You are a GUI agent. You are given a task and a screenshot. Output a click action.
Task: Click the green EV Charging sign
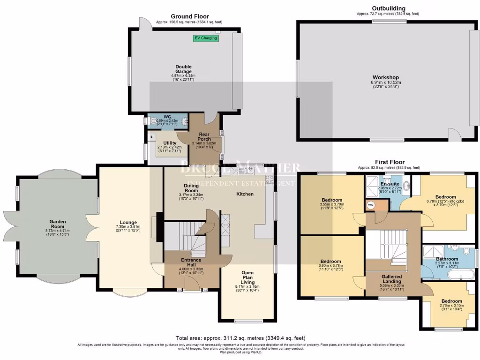tap(206, 37)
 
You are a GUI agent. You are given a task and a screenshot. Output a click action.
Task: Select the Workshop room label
tap(385, 77)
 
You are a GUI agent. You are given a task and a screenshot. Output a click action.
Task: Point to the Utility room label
tap(170, 142)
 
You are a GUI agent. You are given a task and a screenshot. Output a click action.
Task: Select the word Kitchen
tap(245, 194)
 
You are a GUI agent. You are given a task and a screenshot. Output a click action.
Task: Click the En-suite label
tap(389, 184)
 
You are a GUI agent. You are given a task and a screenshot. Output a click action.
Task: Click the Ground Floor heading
tap(190, 16)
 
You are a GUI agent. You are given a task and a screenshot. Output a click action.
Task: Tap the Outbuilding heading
tap(389, 8)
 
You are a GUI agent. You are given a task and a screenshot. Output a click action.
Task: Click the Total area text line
tap(240, 337)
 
